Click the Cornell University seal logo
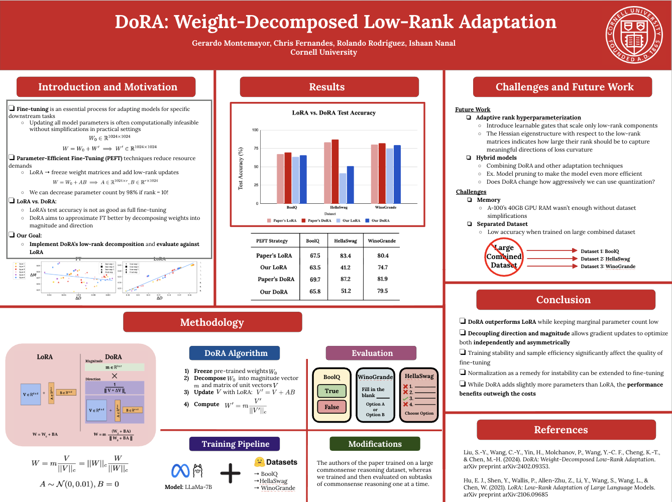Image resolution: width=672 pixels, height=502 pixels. pos(634,35)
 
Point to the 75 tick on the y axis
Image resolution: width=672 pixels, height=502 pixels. pos(256,148)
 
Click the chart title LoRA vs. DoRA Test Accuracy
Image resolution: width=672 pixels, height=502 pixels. pos(333,113)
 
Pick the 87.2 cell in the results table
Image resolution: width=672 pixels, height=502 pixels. pos(346,279)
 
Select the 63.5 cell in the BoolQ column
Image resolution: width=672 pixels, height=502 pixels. pos(315,268)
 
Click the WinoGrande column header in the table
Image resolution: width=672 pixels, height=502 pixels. pos(382,241)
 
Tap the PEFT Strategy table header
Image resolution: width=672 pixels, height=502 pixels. pos(272,241)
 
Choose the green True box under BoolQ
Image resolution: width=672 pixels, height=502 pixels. pos(331,391)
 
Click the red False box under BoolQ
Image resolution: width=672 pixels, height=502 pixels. pos(331,407)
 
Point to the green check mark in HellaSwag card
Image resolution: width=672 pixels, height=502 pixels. pos(405,399)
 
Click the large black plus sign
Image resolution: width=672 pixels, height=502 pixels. pos(231,473)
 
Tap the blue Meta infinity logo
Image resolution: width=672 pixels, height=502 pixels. pos(180,471)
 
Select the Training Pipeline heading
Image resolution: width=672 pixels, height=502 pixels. pos(235,444)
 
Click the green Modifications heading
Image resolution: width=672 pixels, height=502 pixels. pos(375,444)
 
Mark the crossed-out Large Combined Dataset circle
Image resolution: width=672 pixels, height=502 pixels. pos(504,257)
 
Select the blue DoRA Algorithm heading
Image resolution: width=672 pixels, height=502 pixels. pos(236,353)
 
